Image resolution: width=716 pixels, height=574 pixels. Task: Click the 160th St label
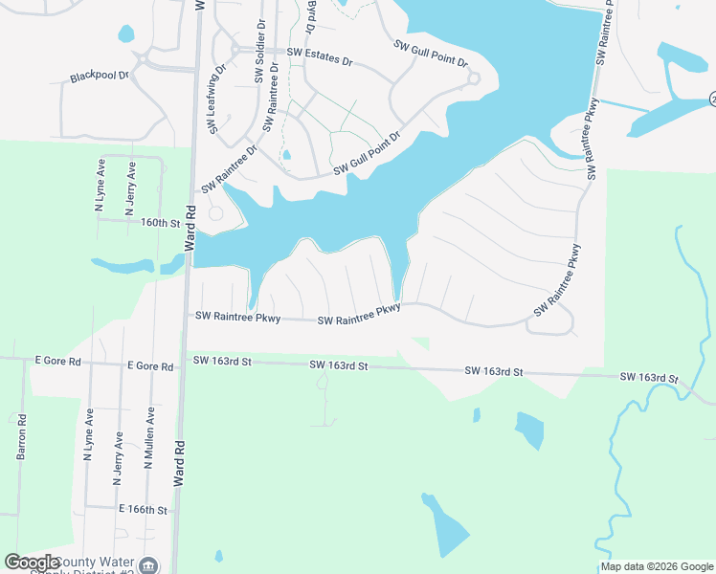point(161,223)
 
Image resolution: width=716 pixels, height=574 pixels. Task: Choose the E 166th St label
point(144,510)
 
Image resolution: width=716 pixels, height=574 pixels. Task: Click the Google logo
point(33,563)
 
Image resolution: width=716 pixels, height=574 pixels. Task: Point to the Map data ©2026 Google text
point(656,566)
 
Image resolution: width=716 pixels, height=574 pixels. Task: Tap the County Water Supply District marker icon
point(148,565)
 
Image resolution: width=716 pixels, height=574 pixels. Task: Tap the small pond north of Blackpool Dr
point(125,34)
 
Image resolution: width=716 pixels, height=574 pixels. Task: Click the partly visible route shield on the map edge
point(712,99)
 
